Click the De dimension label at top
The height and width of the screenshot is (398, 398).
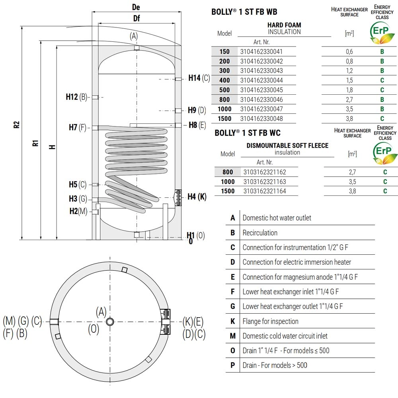click(x=136, y=7)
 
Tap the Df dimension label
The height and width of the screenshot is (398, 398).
click(x=137, y=18)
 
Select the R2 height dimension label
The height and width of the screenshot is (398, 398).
click(x=16, y=125)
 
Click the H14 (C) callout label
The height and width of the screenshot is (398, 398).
click(x=199, y=78)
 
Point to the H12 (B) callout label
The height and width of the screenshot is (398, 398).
click(x=76, y=97)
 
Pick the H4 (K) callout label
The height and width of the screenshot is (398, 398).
click(x=197, y=197)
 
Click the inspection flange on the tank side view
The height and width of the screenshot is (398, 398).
click(x=178, y=197)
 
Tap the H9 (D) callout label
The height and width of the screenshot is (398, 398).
click(x=197, y=110)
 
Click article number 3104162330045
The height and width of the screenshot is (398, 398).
click(x=261, y=90)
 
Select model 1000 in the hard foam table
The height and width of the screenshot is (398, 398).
click(x=224, y=109)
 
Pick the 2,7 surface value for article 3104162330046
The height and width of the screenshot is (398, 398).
click(x=349, y=99)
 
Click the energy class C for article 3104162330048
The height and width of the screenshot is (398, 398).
click(x=382, y=119)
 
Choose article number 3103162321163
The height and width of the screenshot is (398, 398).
click(x=265, y=182)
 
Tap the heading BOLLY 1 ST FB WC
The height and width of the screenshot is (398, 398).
click(x=248, y=133)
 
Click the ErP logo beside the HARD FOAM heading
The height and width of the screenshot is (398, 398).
click(x=382, y=33)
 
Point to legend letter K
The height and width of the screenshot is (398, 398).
click(x=232, y=321)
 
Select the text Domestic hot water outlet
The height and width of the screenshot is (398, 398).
click(x=277, y=218)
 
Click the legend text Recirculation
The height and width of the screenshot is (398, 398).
click(x=260, y=233)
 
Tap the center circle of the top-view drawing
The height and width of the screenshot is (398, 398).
click(x=110, y=322)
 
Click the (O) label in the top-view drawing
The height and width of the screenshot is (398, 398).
click(x=94, y=329)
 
